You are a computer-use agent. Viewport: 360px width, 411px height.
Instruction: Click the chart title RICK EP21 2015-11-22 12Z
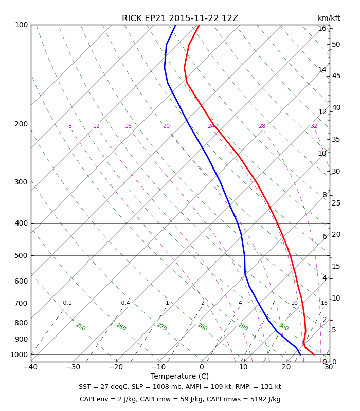[x=180, y=18]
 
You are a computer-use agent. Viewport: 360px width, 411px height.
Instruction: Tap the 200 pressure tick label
[x=21, y=124]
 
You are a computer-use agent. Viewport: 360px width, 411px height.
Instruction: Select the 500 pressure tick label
[x=21, y=255]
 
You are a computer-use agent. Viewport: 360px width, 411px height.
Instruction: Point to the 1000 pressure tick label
[x=19, y=354]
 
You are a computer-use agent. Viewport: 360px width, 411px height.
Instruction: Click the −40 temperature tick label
[x=31, y=367]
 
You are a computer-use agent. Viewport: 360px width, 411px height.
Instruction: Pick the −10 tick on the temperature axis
[x=158, y=367]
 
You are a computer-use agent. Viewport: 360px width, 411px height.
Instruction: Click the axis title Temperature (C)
[x=179, y=377]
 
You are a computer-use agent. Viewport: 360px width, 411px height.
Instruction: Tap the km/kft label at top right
[x=329, y=18]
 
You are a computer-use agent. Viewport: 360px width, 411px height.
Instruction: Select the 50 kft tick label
[x=336, y=45]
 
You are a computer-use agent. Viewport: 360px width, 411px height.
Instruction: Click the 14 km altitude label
[x=322, y=70]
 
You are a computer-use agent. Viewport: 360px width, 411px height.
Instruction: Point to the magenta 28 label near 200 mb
[x=262, y=126]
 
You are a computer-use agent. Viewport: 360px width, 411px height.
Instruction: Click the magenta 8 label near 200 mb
[x=70, y=126]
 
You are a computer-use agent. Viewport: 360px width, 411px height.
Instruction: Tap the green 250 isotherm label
[x=81, y=327]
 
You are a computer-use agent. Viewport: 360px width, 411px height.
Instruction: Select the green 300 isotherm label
[x=284, y=327]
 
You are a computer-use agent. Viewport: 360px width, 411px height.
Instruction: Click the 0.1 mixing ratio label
[x=67, y=303]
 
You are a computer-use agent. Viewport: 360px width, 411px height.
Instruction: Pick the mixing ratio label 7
[x=273, y=303]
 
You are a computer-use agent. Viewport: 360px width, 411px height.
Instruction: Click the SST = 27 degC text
[x=103, y=387]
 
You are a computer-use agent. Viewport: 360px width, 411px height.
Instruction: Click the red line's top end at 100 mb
[x=199, y=25]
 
